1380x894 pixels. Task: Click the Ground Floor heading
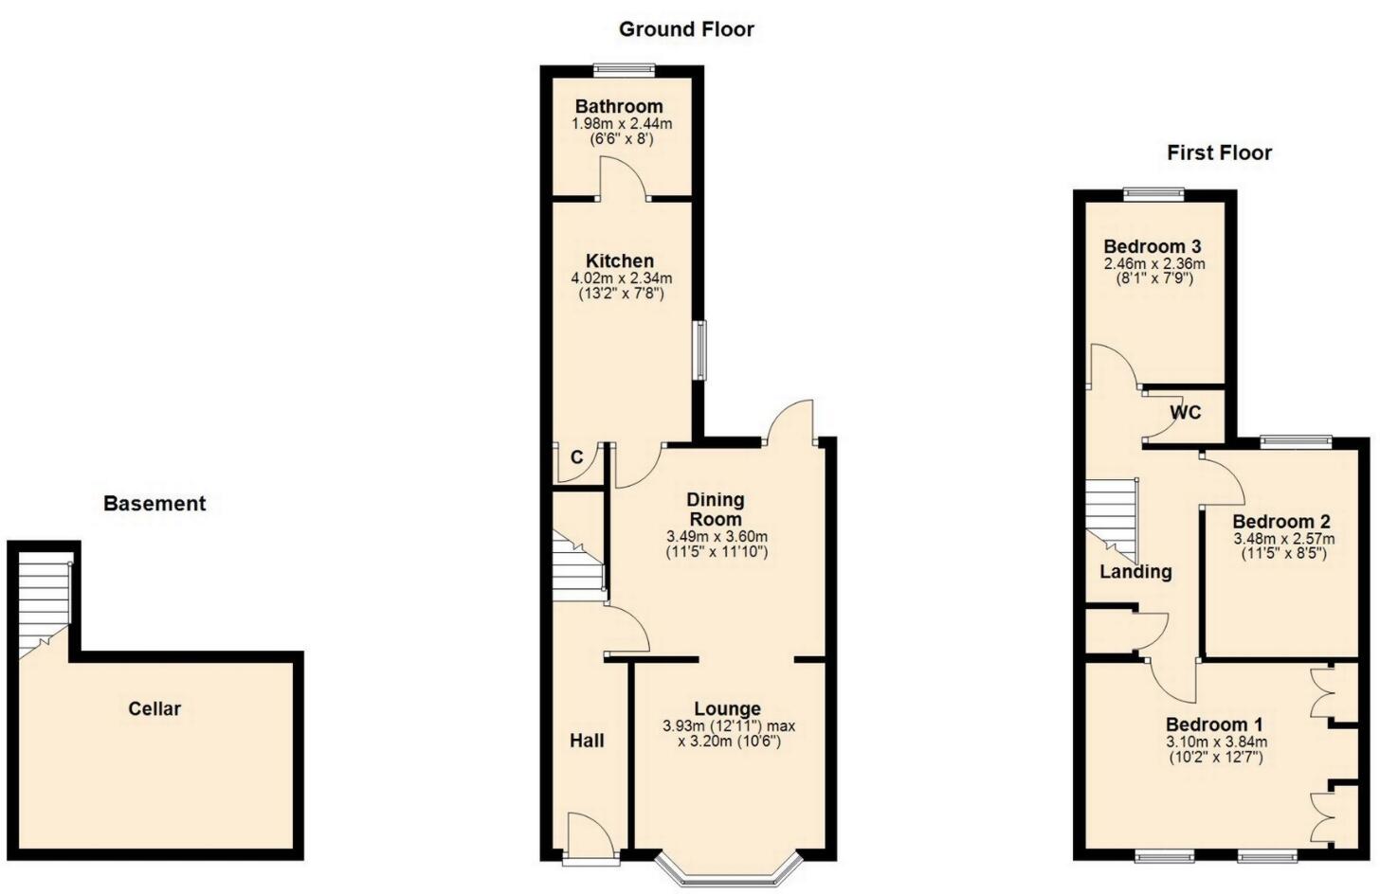coord(686,29)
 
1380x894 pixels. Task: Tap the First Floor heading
coord(1219,152)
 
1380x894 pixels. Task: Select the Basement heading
coord(154,504)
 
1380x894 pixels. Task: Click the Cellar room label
coord(154,708)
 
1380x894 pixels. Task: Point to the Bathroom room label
coord(619,106)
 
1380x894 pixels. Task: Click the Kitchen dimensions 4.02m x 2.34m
coord(621,278)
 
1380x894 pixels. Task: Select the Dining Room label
coord(716,510)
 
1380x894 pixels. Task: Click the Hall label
coord(587,741)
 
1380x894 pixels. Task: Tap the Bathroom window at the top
coord(624,68)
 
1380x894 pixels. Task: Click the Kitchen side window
coord(699,350)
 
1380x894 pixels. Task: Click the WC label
coord(1185,413)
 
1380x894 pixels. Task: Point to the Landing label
coord(1135,572)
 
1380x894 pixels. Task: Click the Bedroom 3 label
coord(1152,247)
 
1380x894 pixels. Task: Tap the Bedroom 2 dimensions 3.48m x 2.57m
coord(1283,539)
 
